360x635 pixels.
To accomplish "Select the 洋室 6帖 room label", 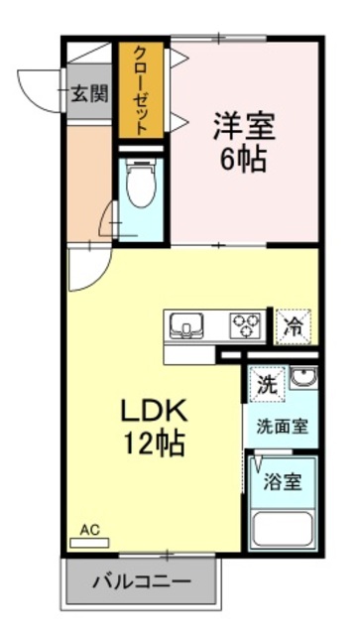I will [243, 142].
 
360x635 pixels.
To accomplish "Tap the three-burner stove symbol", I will [244, 324].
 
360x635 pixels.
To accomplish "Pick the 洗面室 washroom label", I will [282, 428].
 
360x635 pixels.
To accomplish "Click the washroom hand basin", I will [302, 380].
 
